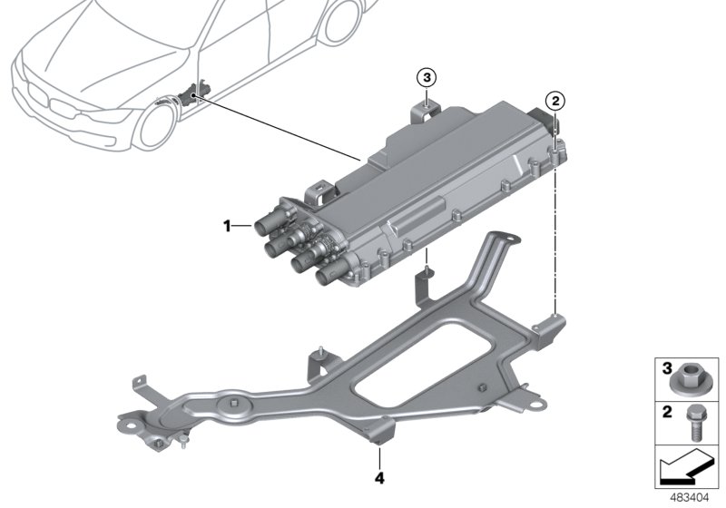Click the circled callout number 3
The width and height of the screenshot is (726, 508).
(427, 76)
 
